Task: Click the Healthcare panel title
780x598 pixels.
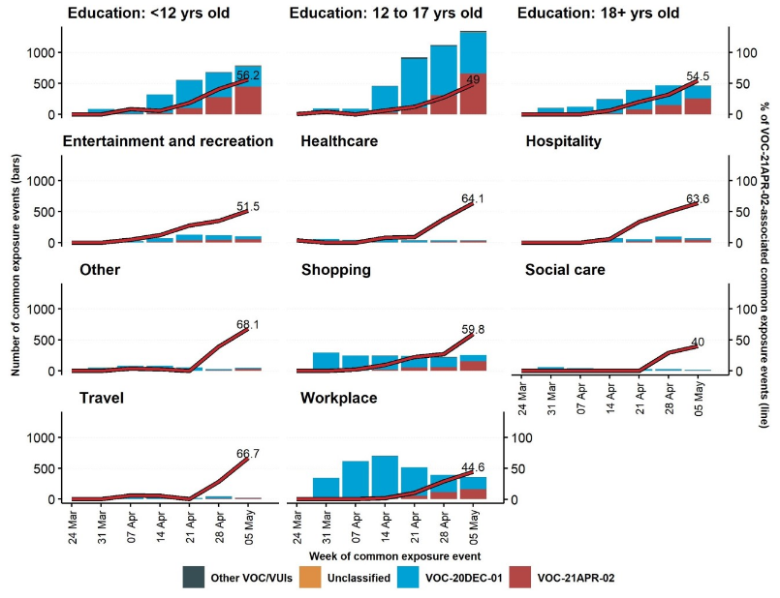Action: [338, 142]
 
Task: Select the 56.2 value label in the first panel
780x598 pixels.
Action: [249, 75]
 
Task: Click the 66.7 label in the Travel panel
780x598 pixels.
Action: [249, 454]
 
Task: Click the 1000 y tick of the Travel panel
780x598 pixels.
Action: [44, 437]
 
